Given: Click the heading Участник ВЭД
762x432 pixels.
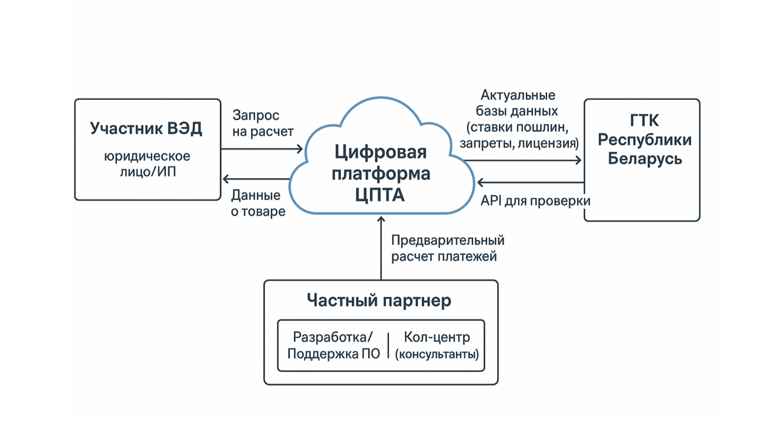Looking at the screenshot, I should pyautogui.click(x=146, y=128).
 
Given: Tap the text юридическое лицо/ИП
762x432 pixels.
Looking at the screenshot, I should pyautogui.click(x=147, y=164).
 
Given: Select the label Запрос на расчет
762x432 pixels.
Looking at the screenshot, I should pyautogui.click(x=263, y=123).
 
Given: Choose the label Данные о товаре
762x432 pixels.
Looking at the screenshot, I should pyautogui.click(x=258, y=203).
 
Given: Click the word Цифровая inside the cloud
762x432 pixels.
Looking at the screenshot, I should pyautogui.click(x=380, y=152).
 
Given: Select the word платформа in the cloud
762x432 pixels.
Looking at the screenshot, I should pyautogui.click(x=380, y=174).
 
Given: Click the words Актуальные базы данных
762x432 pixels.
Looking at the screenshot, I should pyautogui.click(x=518, y=104).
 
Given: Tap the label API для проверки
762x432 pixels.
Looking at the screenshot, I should pyautogui.click(x=535, y=201).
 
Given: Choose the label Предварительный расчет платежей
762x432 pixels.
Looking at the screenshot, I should pyautogui.click(x=447, y=248).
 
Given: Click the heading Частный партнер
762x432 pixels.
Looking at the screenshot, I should pyautogui.click(x=379, y=300).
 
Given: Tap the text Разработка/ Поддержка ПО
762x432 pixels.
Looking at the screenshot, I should pyautogui.click(x=333, y=345).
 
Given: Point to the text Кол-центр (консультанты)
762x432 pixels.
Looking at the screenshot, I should pyautogui.click(x=436, y=345).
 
